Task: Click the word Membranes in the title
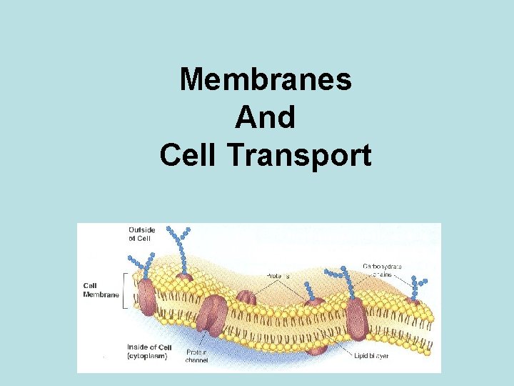coord(266,79)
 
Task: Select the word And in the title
coord(265,117)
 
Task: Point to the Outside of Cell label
coord(141,234)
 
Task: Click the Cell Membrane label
coord(101,290)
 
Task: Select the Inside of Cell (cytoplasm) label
coord(147,351)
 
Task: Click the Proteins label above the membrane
coord(278,275)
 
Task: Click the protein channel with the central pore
coord(213,315)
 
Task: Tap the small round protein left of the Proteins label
coord(246,298)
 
